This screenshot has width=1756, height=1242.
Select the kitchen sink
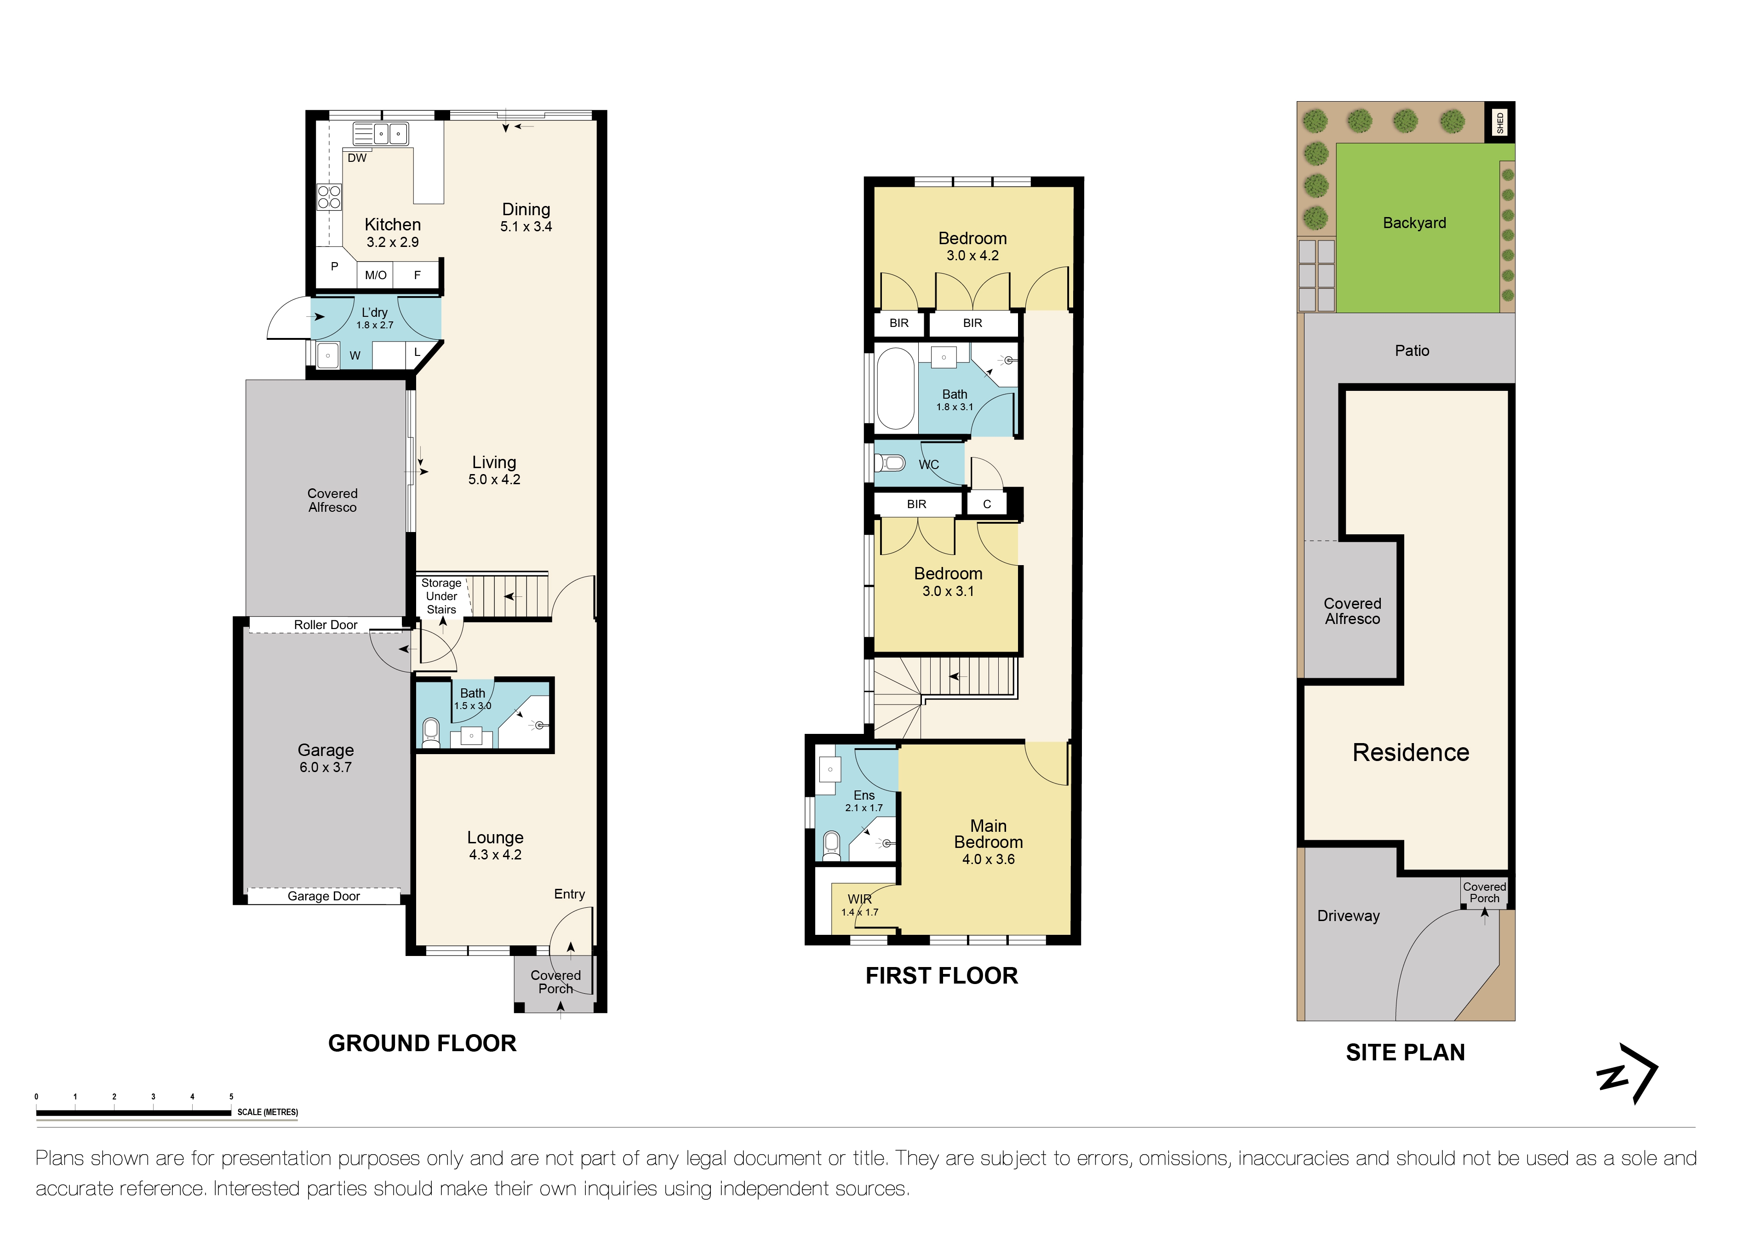click(x=381, y=134)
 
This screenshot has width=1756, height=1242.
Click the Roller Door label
click(x=326, y=625)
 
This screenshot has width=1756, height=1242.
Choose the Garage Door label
click(x=324, y=896)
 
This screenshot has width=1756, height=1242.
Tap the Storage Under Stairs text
click(x=441, y=596)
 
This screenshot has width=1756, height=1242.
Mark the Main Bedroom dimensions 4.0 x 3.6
click(x=988, y=859)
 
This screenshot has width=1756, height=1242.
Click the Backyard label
click(x=1414, y=223)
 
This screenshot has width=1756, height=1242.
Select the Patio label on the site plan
click(x=1412, y=350)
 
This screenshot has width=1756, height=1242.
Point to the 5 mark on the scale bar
click(x=231, y=1097)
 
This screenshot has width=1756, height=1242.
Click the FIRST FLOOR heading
click(x=942, y=976)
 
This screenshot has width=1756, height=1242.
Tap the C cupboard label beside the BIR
click(x=987, y=504)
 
